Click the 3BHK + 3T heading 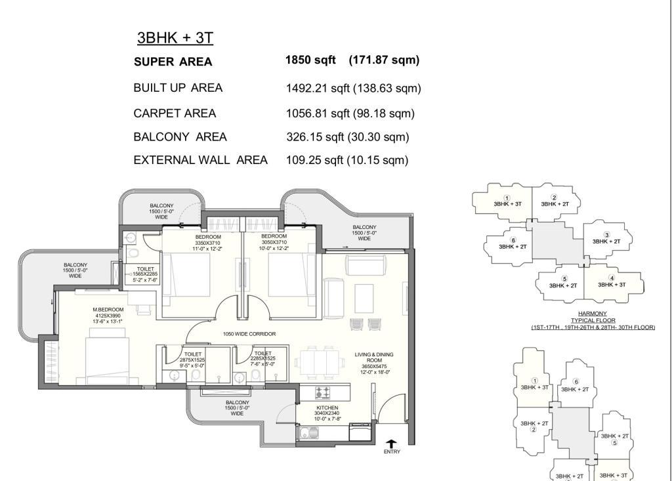[x=175, y=37]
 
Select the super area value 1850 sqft [x=310, y=60]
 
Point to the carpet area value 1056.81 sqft [x=318, y=114]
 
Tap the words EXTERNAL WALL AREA [x=201, y=160]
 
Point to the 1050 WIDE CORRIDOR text [x=249, y=334]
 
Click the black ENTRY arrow [x=391, y=444]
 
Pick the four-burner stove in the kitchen [x=323, y=392]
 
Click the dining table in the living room [x=321, y=363]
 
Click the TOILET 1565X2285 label [x=145, y=274]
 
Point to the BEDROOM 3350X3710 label [x=208, y=243]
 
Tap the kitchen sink [x=308, y=432]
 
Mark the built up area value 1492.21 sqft [x=318, y=89]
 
